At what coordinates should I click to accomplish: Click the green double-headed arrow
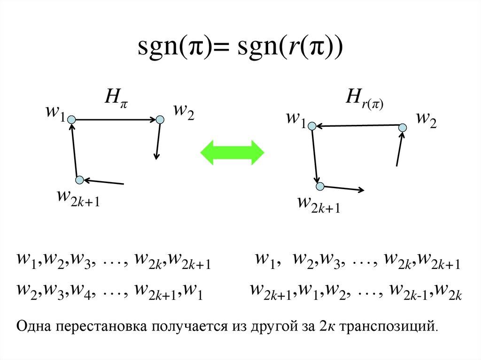[x=233, y=152]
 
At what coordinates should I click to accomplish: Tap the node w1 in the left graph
[x=71, y=120]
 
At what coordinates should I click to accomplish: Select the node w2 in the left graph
[x=160, y=120]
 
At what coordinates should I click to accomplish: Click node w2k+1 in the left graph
[x=79, y=179]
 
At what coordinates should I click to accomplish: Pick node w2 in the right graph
[x=403, y=127]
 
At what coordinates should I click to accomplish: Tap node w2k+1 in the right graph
[x=320, y=186]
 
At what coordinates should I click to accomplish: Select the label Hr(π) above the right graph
[x=365, y=99]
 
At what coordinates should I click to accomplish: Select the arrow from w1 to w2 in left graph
[x=116, y=120]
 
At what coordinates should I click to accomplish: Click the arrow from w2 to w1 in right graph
[x=357, y=125]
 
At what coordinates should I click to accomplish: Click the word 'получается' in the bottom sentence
[x=183, y=326]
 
